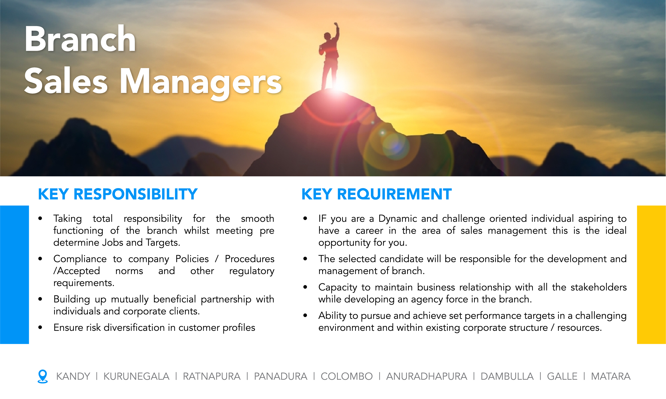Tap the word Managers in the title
pos(200,81)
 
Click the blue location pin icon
pos(42,376)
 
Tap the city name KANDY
pos(73,376)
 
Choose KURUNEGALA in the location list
pos(136,376)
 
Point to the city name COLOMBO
pos(346,376)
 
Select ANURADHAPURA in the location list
pos(426,376)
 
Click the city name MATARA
pos(611,376)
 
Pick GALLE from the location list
pos(562,376)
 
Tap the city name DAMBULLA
pos(507,376)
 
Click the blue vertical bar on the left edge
pos(14,274)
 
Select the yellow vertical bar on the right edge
pos(651,274)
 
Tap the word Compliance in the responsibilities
pos(80,259)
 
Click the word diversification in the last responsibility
pos(134,327)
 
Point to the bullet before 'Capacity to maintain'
pos(305,287)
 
